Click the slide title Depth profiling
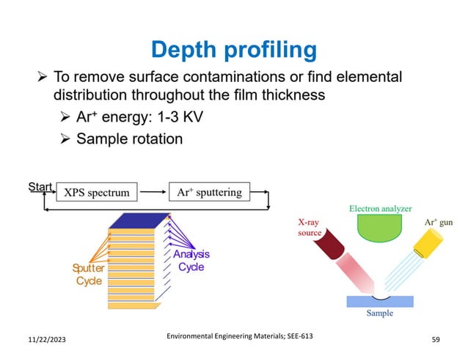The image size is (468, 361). (x=233, y=50)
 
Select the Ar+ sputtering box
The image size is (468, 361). (x=209, y=193)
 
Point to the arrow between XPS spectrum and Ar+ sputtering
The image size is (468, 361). (x=153, y=193)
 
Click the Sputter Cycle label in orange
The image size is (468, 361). (x=88, y=275)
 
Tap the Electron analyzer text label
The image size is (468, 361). (x=380, y=209)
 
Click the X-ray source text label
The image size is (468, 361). (x=309, y=228)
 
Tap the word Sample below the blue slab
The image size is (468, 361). (x=379, y=313)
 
